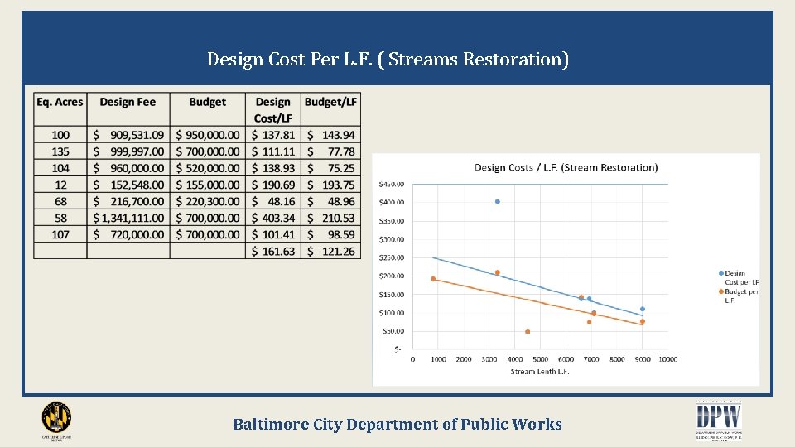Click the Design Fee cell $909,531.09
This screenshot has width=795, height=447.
(128, 135)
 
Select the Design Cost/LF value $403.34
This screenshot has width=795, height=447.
(273, 218)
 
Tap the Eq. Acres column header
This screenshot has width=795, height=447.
(60, 102)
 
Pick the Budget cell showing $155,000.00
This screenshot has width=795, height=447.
(208, 185)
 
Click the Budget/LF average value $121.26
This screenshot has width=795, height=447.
(331, 251)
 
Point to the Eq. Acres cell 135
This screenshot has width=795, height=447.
(60, 151)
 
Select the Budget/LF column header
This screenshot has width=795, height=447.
(331, 102)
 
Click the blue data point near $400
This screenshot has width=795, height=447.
(497, 201)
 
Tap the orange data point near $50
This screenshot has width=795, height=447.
(528, 332)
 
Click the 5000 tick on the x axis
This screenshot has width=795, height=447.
(540, 359)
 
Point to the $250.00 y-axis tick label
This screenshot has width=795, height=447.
(391, 257)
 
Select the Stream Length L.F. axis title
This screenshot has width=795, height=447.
(540, 372)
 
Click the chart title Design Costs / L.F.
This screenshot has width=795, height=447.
(566, 168)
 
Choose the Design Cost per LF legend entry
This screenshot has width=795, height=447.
(739, 277)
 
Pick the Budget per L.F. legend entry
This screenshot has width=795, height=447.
(739, 296)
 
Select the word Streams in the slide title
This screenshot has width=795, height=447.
(423, 60)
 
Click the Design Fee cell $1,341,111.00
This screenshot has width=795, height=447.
(128, 218)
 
